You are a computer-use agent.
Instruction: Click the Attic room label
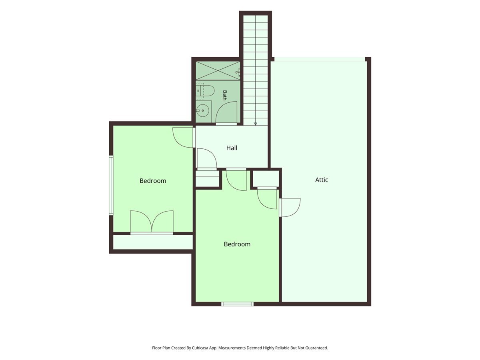click(322, 180)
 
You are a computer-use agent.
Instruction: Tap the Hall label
click(232, 148)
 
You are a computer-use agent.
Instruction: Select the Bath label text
click(224, 95)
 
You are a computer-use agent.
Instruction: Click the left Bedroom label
click(153, 181)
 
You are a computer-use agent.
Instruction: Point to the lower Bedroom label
click(237, 244)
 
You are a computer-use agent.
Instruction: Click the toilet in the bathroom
click(205, 89)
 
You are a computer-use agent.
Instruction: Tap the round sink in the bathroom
click(202, 110)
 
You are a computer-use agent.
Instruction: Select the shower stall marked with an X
click(218, 71)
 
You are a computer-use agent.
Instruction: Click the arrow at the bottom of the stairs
click(255, 124)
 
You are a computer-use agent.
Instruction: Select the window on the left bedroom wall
click(111, 185)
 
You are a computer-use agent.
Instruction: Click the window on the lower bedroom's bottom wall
click(237, 304)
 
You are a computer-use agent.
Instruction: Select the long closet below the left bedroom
click(153, 242)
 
